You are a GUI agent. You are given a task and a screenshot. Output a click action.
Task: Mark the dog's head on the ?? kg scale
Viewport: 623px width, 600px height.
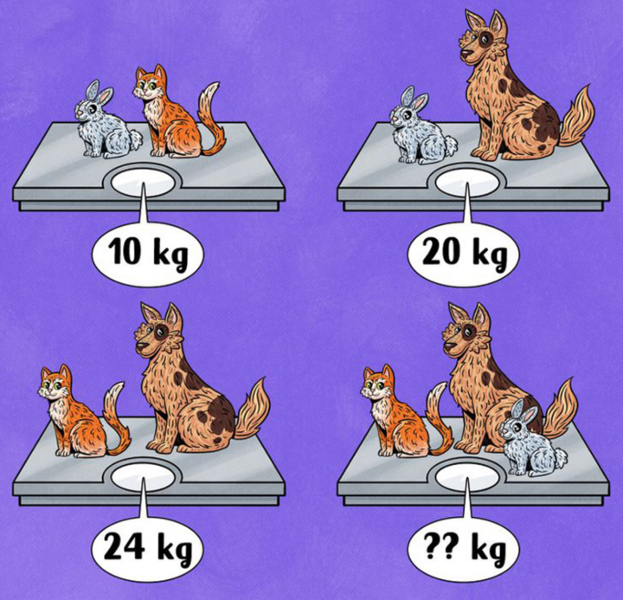tap(467, 332)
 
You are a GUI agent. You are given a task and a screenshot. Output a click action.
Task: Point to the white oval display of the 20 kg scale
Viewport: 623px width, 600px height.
tap(468, 183)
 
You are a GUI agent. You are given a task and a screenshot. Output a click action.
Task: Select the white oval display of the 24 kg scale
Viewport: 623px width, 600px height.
tap(145, 477)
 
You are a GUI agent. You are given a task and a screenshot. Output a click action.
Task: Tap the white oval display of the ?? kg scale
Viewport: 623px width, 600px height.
tap(468, 477)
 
